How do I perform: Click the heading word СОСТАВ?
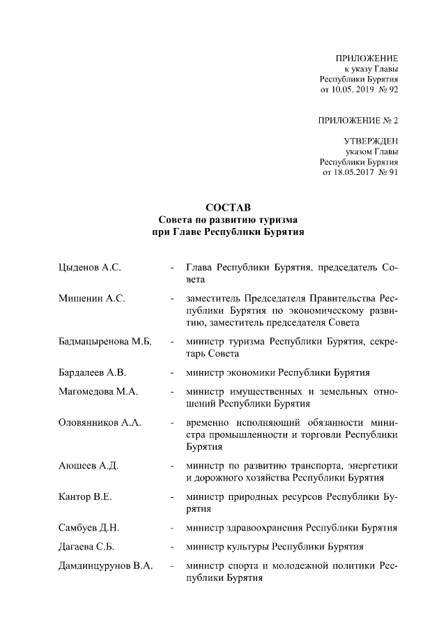223,208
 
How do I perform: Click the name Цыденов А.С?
90,267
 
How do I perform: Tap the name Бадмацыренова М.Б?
105,342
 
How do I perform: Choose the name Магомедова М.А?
98,392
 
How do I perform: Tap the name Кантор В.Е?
86,497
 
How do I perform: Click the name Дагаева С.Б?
89,547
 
